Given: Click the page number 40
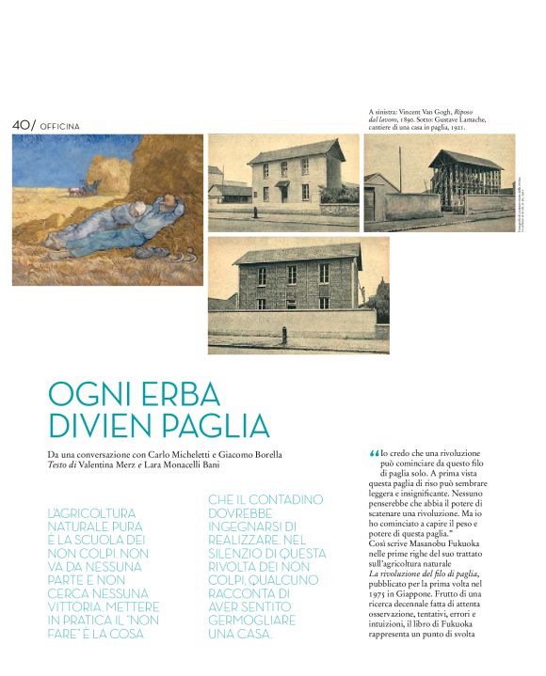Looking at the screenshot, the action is (21, 124).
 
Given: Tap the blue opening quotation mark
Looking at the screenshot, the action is (374, 453).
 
